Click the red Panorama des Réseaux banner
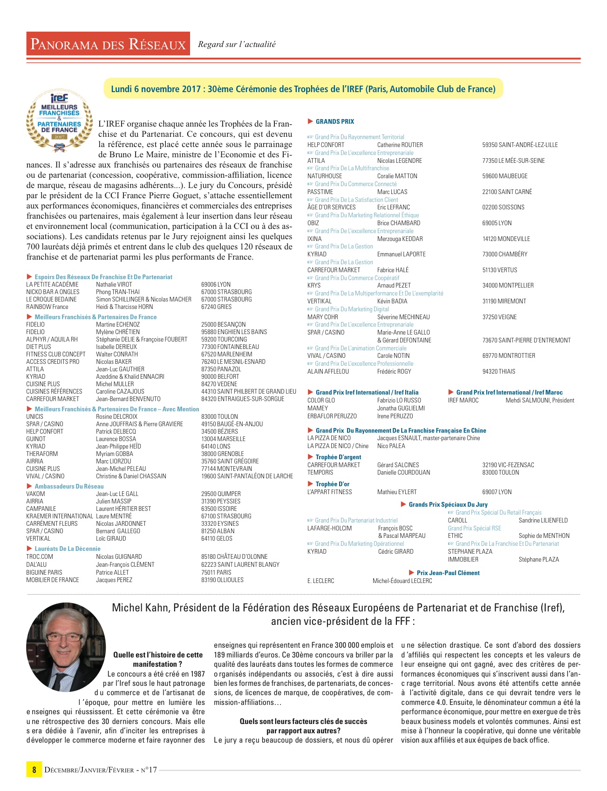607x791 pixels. [x=108, y=44]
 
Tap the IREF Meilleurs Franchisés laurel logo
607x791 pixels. [x=59, y=122]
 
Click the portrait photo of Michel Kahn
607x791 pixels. [x=66, y=647]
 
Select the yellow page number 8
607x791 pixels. [x=34, y=770]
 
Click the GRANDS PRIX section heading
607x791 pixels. [x=334, y=121]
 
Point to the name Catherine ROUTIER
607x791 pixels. [x=400, y=145]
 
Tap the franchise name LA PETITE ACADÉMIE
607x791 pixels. [x=52, y=284]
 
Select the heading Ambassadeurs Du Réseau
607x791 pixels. [x=69, y=486]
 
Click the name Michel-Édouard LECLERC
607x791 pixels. [x=402, y=581]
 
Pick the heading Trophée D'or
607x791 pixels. [x=332, y=484]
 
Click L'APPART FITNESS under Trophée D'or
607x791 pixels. [x=329, y=492]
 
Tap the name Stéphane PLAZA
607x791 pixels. [x=539, y=559]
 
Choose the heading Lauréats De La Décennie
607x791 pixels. [x=67, y=549]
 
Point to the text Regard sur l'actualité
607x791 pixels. [x=237, y=44]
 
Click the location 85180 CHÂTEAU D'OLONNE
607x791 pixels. [x=234, y=556]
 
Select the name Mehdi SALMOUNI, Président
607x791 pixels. [x=540, y=400]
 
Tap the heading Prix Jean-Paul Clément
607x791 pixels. [x=448, y=573]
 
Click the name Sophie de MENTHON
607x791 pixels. [x=544, y=536]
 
